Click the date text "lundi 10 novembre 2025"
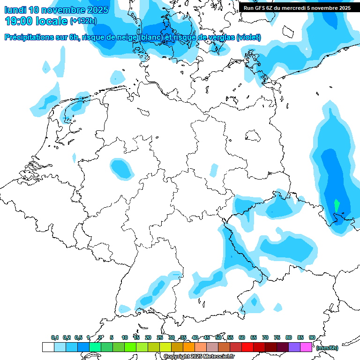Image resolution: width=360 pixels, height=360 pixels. coord(56,9)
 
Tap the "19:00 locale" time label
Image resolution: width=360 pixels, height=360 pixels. coord(36,21)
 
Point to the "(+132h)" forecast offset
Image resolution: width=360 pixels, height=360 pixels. coord(83,21)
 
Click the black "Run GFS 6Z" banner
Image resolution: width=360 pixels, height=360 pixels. coord(297,7)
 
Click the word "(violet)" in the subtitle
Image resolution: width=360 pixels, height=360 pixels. coord(248,37)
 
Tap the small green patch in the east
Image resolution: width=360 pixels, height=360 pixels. coord(337,205)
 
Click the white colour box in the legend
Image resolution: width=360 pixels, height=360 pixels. coord(48,347)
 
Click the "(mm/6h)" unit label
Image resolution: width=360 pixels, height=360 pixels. coord(328,348)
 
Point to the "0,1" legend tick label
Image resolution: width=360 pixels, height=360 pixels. coord(55,337)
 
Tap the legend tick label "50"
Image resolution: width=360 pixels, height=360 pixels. coord(218,337)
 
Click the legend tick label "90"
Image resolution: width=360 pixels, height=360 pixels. coord(312,337)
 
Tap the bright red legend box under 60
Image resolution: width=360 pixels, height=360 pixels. coord(247,347)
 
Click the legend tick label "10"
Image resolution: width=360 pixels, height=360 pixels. coord(125,337)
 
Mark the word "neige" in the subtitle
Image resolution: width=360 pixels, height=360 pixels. coord(128,37)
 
